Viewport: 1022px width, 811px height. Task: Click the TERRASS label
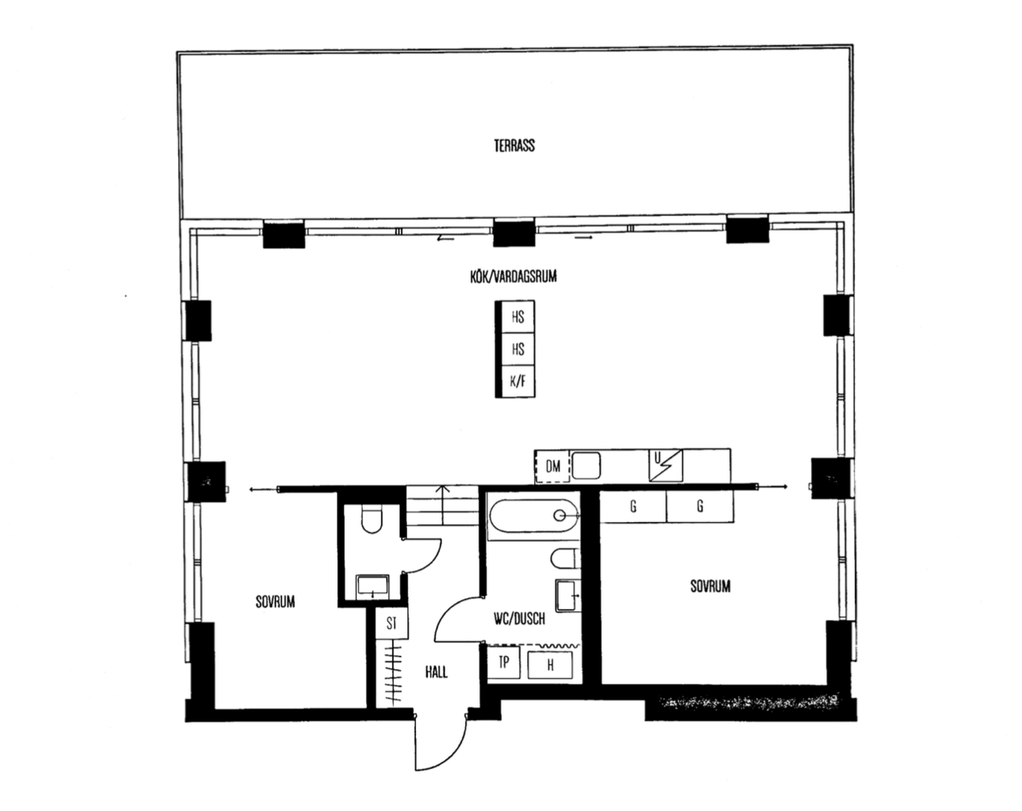point(514,146)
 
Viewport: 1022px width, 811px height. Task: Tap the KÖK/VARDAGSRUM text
point(514,276)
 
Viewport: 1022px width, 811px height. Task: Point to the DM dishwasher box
point(553,466)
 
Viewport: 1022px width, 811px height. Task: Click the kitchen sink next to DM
point(586,466)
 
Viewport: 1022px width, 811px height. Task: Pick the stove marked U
point(666,465)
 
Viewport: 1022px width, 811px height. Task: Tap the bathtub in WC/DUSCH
point(534,515)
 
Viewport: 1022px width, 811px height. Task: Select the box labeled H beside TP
point(550,665)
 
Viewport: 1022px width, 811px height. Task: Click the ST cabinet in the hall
point(392,623)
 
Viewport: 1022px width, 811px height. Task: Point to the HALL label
point(436,672)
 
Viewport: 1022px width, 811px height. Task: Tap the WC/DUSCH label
point(519,619)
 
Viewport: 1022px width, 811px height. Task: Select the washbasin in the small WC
point(372,586)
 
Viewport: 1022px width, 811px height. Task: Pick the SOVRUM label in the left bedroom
point(275,602)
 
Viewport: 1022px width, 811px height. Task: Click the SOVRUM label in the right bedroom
point(710,586)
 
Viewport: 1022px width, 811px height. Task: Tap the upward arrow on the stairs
point(442,505)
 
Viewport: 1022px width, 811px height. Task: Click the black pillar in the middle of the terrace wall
point(514,232)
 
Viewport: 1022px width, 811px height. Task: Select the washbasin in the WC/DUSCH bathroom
point(568,595)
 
